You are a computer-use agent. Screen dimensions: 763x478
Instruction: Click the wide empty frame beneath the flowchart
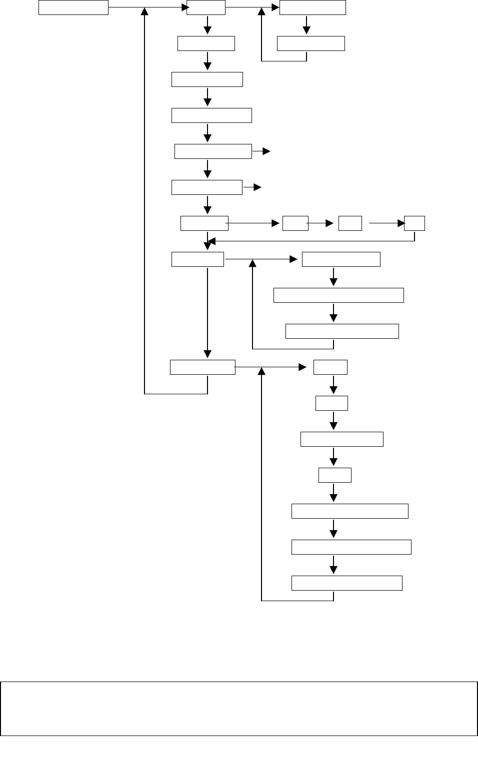click(239, 708)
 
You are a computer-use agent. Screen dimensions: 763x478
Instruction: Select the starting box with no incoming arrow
click(73, 7)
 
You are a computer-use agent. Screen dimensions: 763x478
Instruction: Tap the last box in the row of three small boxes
click(414, 223)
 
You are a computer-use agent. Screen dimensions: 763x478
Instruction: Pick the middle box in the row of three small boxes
click(350, 223)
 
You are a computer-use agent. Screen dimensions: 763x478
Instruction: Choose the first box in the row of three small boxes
click(295, 223)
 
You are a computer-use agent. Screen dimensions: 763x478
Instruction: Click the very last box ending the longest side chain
click(346, 583)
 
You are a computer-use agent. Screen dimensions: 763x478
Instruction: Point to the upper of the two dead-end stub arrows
click(261, 151)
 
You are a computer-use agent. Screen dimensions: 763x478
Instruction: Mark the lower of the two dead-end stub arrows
click(252, 187)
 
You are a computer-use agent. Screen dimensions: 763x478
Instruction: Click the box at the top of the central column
click(206, 7)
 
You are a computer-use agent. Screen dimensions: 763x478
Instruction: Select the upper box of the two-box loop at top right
click(312, 7)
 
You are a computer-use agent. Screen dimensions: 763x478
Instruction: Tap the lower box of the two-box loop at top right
click(310, 43)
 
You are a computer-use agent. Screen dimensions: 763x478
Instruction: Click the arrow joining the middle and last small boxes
click(386, 223)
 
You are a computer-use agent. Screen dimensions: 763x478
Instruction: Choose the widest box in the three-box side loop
click(338, 295)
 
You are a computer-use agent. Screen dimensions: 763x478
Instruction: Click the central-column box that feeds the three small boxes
click(204, 223)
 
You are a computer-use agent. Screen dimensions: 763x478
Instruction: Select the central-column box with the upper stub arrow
click(213, 151)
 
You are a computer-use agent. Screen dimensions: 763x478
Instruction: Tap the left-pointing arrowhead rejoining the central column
click(211, 242)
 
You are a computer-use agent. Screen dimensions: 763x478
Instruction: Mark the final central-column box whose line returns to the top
click(202, 367)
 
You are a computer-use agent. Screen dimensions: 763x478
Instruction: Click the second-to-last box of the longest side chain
click(351, 547)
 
